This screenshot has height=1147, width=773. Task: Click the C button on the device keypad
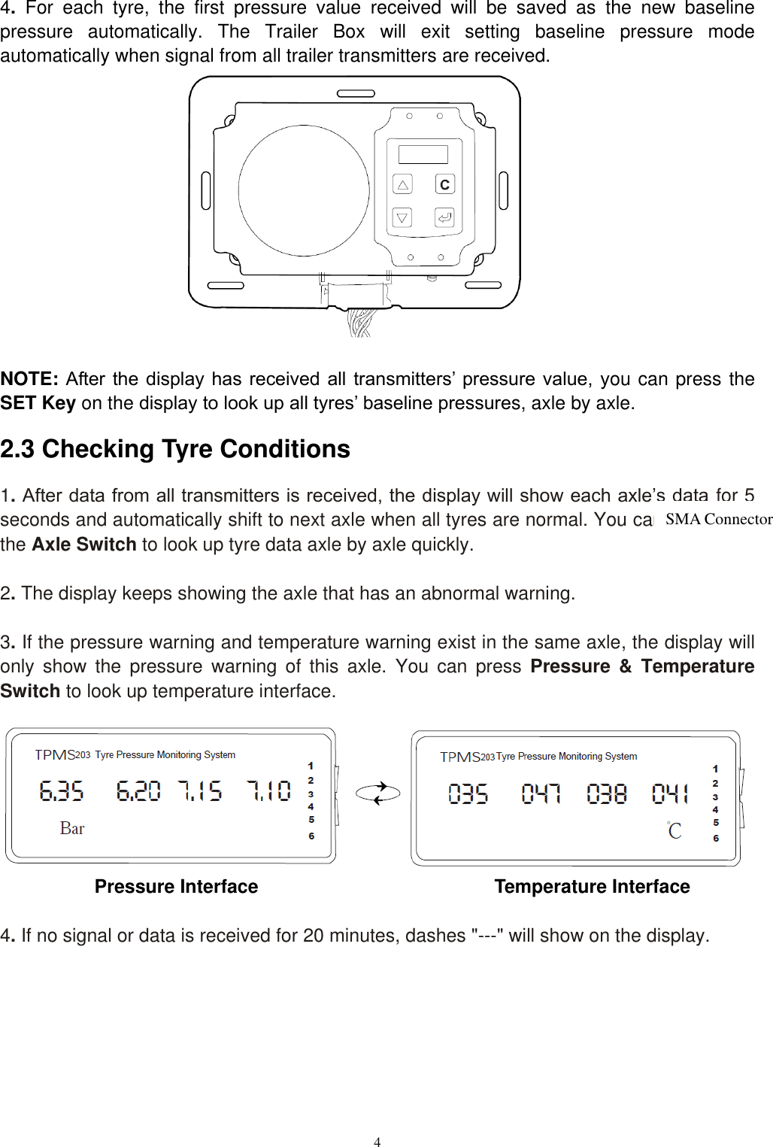pos(444,184)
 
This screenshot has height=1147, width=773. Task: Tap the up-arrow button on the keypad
pos(403,184)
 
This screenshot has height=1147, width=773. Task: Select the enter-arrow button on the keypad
pos(444,217)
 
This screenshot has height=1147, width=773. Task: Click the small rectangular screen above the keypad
pos(423,154)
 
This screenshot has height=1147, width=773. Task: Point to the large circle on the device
pos(304,190)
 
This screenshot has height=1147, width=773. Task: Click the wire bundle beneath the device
pos(360,322)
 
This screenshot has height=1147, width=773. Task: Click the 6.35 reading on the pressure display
pos(62,790)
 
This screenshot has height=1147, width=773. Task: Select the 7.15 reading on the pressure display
pos(200,790)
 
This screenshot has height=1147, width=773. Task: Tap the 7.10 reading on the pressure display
pos(268,790)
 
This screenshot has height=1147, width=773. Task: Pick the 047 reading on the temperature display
pos(541,793)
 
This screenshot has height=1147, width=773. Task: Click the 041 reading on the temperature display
pos(670,793)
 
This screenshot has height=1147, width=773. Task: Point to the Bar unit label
pos(72,828)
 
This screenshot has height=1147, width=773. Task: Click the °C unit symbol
pos(674,830)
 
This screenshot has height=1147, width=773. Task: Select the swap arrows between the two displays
pos(377,793)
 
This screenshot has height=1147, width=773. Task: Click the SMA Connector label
pos(719,519)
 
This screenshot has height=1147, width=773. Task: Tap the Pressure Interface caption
pos(176,887)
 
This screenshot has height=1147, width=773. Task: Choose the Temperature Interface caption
pos(592,887)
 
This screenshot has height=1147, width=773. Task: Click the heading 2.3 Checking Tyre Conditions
pos(175,449)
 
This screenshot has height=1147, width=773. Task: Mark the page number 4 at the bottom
pos(377,1142)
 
